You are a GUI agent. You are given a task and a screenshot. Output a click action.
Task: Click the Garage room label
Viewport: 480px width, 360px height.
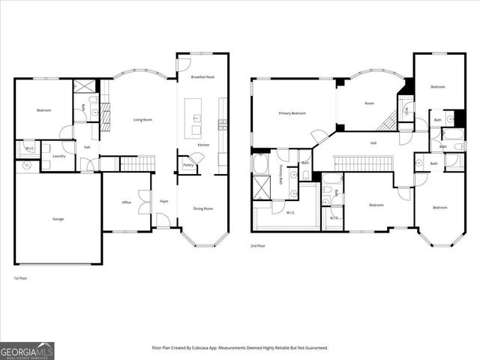click(x=58, y=219)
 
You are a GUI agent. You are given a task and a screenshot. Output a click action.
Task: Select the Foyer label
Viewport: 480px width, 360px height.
click(x=163, y=201)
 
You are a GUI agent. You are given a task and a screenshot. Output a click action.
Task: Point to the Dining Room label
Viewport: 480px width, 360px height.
click(x=203, y=208)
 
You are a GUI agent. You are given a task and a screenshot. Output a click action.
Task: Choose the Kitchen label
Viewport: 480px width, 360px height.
click(x=203, y=145)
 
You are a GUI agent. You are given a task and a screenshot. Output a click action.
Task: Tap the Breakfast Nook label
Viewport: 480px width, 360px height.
click(x=203, y=77)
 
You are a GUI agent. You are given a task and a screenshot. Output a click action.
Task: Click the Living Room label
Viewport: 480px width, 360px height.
click(x=143, y=119)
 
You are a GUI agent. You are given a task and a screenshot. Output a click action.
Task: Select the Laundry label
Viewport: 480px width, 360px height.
click(x=59, y=156)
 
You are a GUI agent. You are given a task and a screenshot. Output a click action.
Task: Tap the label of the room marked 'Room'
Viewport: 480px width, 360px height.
click(x=369, y=103)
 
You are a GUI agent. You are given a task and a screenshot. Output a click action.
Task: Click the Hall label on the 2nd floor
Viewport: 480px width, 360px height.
click(x=373, y=142)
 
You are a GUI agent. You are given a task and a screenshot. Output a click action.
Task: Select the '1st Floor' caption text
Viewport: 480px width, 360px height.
click(x=21, y=278)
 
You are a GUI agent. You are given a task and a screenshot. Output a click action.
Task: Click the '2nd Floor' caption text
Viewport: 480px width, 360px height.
click(x=259, y=245)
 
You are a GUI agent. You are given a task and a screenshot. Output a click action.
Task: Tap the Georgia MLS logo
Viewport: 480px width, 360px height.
click(x=27, y=349)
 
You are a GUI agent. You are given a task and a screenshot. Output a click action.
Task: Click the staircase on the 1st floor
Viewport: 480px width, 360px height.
click(x=137, y=163)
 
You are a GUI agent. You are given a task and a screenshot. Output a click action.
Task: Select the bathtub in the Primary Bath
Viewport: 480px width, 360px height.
click(x=262, y=163)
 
